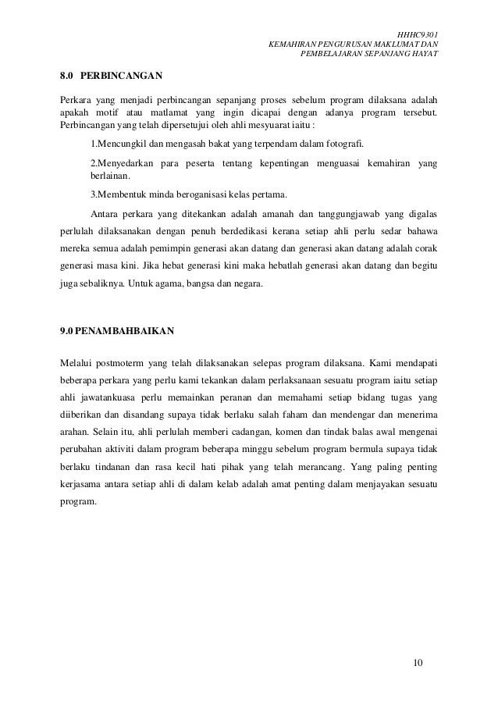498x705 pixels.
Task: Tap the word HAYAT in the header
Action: coord(422,54)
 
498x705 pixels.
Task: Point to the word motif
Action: coord(107,113)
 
